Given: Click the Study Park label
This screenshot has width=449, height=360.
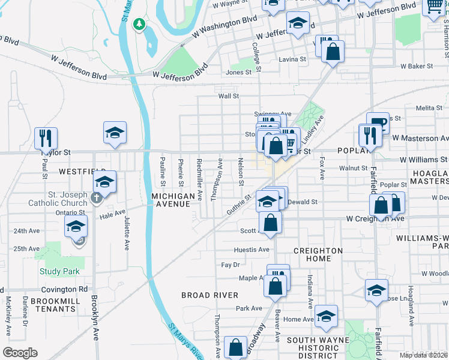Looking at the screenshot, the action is click(59, 271).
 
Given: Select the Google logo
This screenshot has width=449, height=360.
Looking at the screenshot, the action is click(20, 353).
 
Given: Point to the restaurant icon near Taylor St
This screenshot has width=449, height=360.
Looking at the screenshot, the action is click(46, 137).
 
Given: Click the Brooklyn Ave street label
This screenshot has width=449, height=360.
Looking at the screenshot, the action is click(95, 317).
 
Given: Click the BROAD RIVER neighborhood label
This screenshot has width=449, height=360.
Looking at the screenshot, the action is click(210, 295).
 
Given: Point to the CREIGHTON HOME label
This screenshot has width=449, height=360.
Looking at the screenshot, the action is click(318, 254).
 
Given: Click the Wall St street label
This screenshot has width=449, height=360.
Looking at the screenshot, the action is click(229, 96).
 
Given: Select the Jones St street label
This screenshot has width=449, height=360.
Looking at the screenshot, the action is click(238, 73).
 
